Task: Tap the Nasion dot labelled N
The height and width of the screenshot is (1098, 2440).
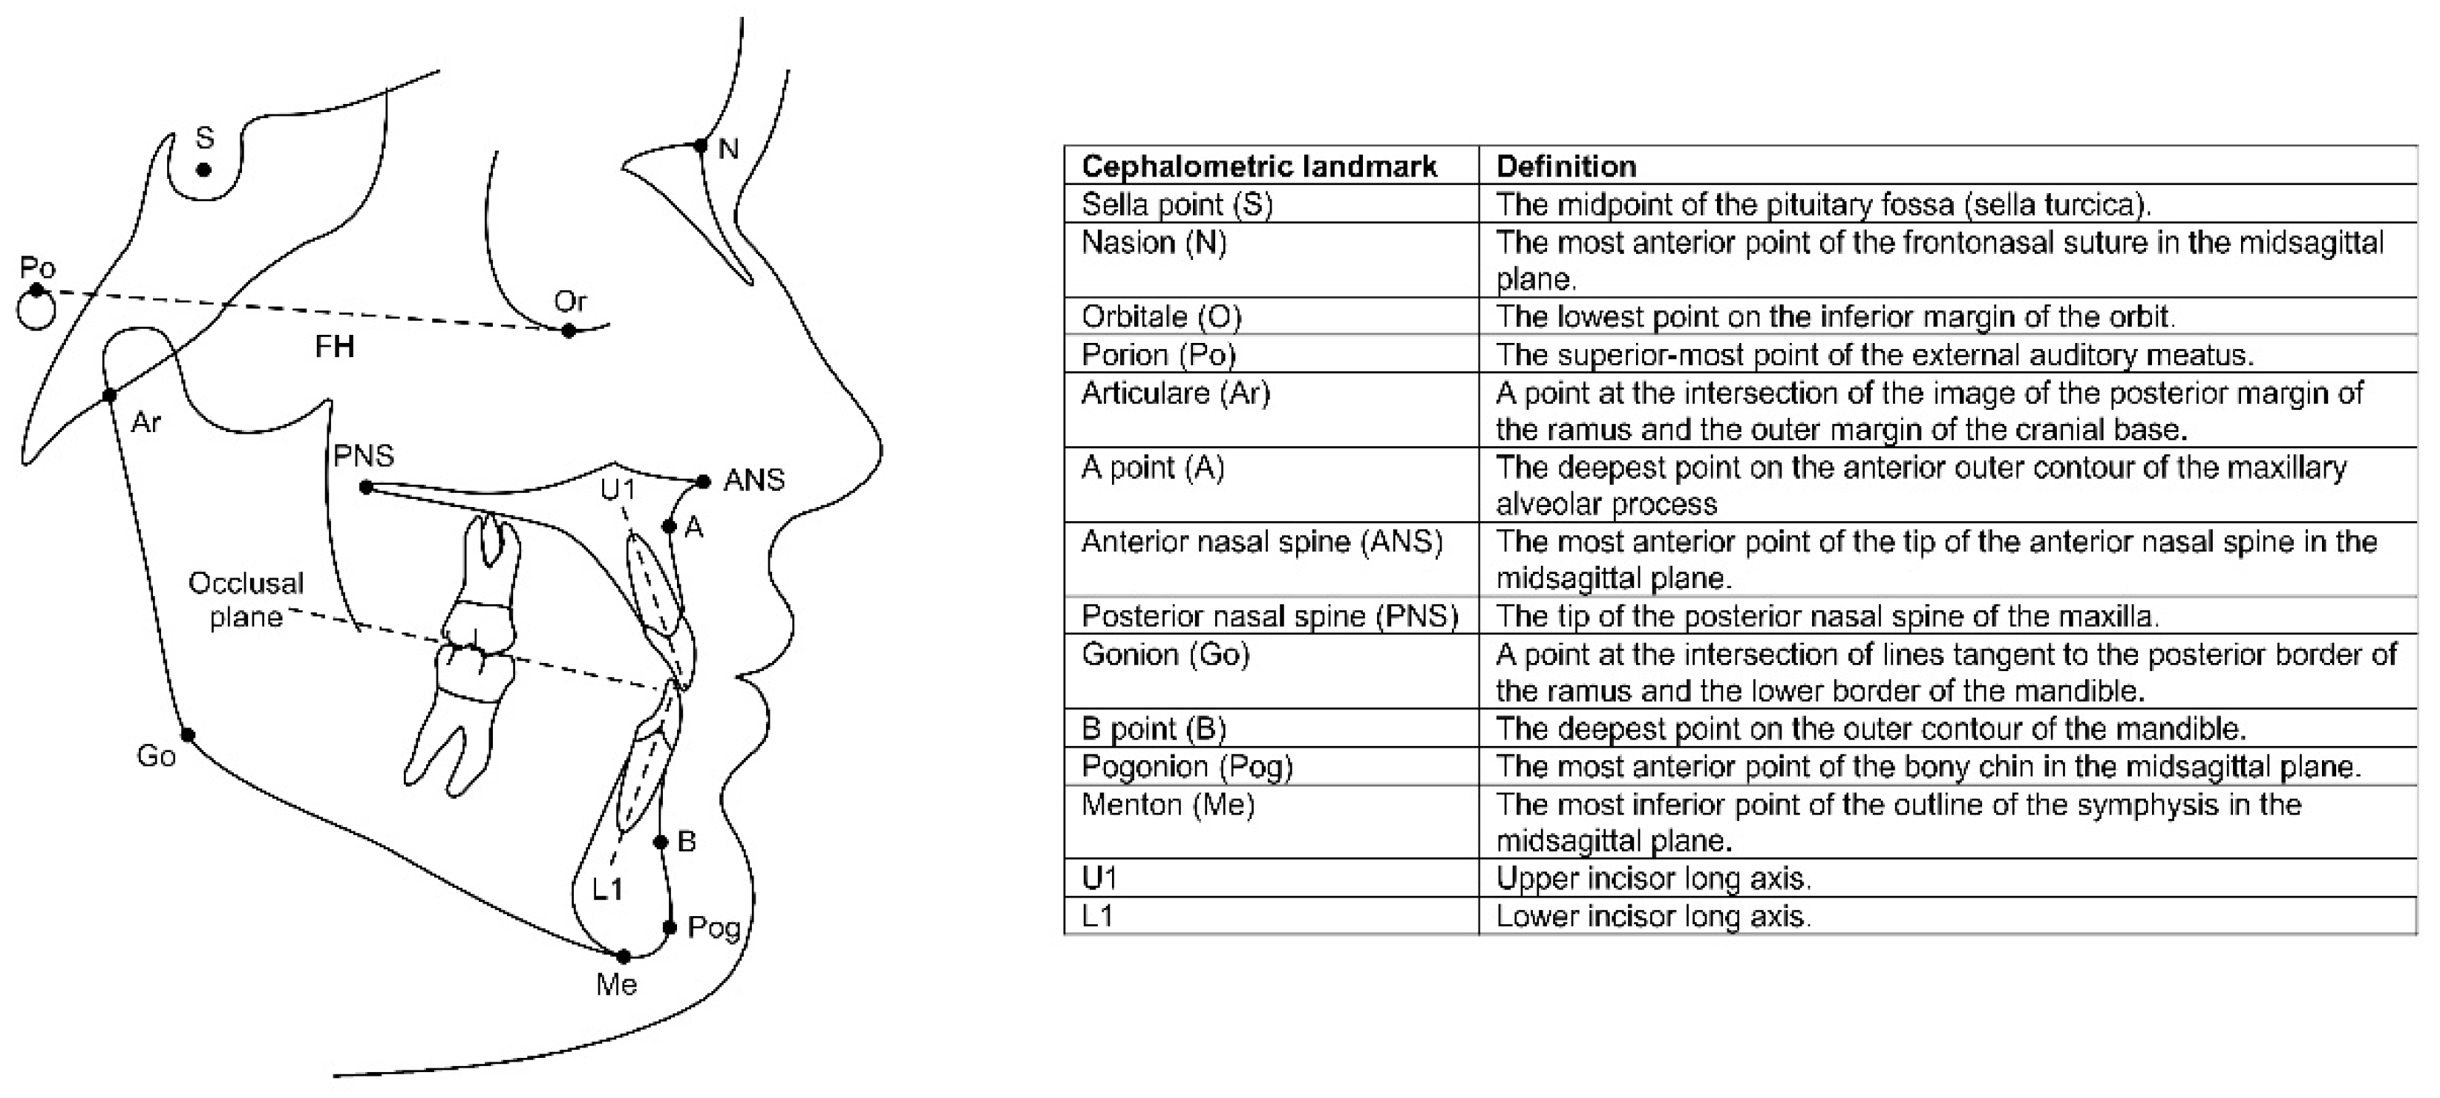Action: (701, 146)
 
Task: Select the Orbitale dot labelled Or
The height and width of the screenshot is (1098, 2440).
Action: (569, 330)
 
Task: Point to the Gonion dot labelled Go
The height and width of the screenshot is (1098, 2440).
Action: (188, 735)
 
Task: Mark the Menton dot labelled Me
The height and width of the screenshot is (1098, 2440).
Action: (624, 957)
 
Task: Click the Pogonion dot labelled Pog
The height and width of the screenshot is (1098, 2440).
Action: (670, 927)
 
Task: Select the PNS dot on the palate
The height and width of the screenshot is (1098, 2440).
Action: (367, 488)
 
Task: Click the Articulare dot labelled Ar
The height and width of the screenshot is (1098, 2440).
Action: (110, 395)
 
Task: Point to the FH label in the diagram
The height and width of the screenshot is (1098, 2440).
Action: (334, 347)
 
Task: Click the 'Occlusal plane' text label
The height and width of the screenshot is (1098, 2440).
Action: (246, 600)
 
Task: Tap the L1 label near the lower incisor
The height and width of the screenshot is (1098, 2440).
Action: (607, 889)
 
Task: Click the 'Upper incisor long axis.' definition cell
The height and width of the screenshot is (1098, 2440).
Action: (1653, 878)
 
